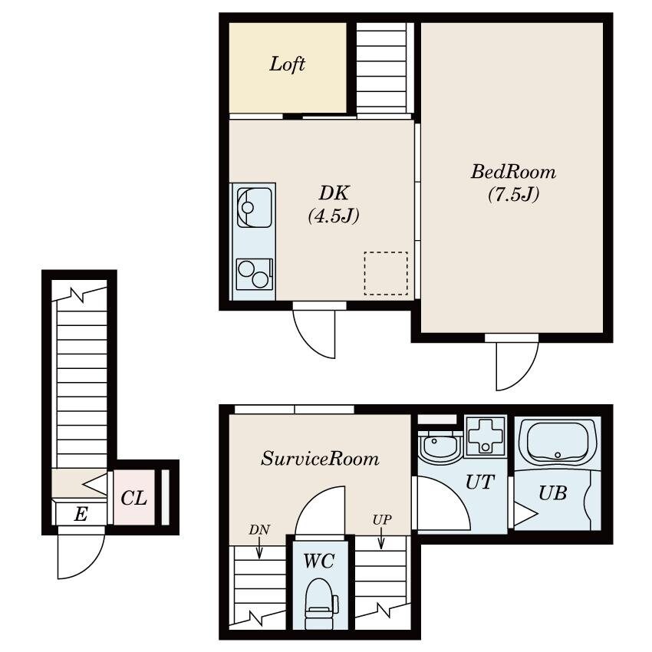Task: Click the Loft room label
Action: coord(287,64)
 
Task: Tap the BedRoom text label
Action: coord(513,172)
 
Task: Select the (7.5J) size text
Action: coord(513,194)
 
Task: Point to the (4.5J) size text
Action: coord(334,216)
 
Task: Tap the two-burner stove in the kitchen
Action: coord(254,274)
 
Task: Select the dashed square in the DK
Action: coord(386,273)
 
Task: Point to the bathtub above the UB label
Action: coord(558,442)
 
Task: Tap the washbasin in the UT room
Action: coord(439,445)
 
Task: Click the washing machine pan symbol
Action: coord(486,436)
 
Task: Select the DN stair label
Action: coord(259,530)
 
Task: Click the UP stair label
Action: coord(382,520)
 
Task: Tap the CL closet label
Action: coord(134,498)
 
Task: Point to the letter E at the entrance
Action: coord(81,514)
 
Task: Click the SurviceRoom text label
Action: coord(320,459)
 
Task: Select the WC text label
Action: coord(319,561)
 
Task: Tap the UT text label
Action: coord(480,482)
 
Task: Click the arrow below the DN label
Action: coord(259,548)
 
